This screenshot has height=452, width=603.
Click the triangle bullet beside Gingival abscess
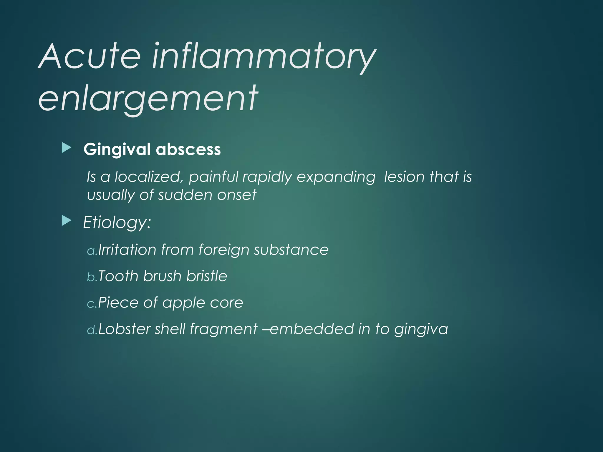coord(67,148)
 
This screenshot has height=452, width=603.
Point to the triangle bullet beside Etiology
coord(67,221)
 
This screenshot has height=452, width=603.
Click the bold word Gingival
coord(117,149)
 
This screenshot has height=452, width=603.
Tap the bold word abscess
coord(188,149)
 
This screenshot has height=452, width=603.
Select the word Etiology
coord(117,222)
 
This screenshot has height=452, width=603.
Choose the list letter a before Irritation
coord(91,251)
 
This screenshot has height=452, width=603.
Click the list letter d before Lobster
coord(91,330)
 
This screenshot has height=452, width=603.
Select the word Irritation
coord(127,250)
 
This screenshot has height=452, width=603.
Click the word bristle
coord(207,276)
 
